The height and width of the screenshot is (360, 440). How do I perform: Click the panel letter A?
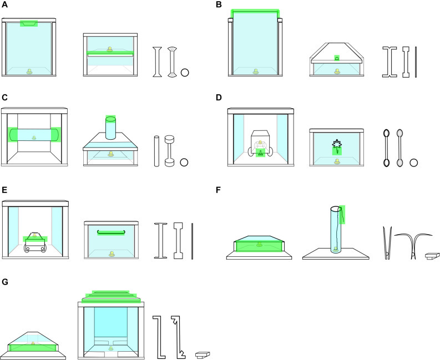point(4,4)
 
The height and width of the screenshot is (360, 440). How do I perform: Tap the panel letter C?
point(4,98)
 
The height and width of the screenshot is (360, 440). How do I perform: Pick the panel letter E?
point(4,190)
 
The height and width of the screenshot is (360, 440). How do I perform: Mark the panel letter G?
point(4,282)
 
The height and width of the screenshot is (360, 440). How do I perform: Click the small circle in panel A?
point(185,72)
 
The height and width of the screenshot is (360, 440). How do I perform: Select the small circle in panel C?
point(185,163)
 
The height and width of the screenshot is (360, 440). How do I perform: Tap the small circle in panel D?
point(413,163)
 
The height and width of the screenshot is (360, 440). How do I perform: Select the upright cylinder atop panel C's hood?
point(110,128)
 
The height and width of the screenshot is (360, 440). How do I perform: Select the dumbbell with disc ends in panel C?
point(171,150)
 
